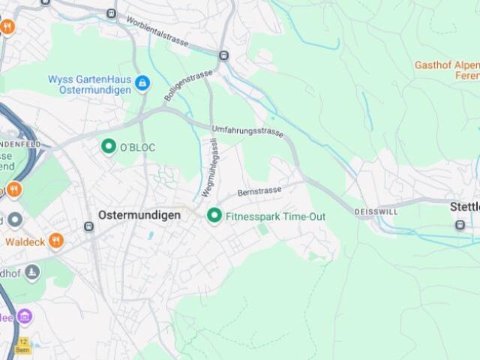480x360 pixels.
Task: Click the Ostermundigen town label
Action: [139, 215]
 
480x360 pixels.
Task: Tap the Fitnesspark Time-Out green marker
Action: [214, 216]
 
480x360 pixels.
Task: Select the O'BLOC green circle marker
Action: [109, 146]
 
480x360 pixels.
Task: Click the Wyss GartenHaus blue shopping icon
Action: [142, 84]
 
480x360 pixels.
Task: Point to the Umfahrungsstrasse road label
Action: [247, 131]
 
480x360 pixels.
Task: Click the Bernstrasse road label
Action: [259, 191]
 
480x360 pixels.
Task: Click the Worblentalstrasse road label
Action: [157, 31]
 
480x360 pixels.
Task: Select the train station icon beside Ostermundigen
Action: [88, 226]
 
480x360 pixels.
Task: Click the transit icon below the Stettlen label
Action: [460, 224]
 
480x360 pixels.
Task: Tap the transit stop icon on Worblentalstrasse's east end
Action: [223, 55]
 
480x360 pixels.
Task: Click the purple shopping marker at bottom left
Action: [25, 316]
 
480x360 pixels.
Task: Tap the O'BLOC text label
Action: [137, 148]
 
